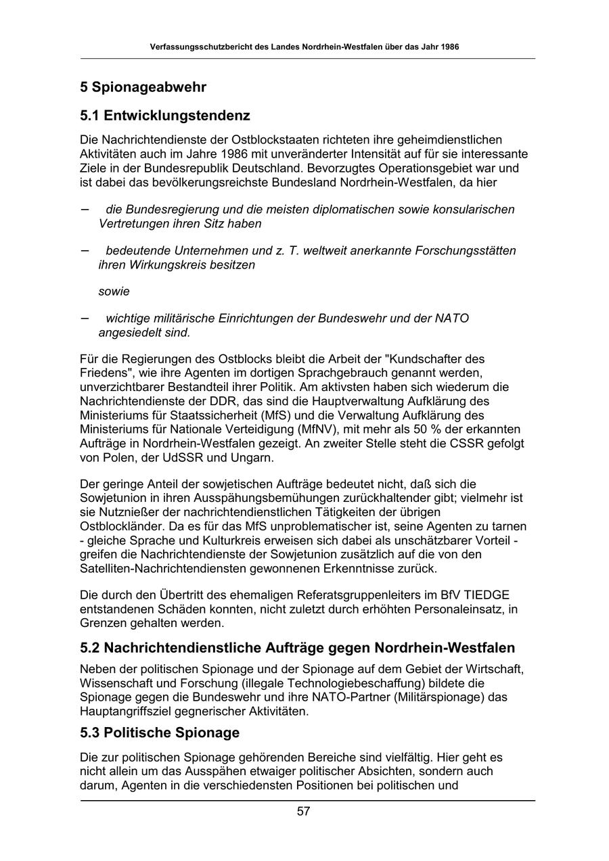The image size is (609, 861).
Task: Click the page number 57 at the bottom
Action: click(303, 812)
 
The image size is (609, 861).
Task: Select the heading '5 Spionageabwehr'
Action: click(143, 87)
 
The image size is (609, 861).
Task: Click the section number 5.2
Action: click(91, 648)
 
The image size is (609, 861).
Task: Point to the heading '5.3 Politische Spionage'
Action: click(160, 732)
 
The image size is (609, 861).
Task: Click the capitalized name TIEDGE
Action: click(486, 595)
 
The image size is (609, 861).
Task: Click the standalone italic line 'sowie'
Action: click(114, 292)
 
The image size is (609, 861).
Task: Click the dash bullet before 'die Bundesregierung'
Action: click(85, 209)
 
